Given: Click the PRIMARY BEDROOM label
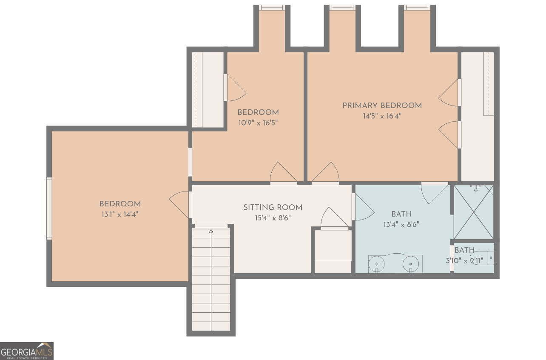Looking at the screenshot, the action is (x=382, y=106).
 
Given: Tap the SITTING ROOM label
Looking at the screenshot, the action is (x=273, y=208).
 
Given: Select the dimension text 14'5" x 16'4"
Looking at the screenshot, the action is (x=382, y=116).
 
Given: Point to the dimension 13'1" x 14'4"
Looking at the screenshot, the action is (x=120, y=214).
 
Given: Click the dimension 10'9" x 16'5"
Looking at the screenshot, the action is (x=258, y=123).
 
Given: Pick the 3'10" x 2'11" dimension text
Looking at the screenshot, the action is (x=464, y=261).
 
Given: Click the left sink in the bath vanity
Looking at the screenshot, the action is (x=377, y=264).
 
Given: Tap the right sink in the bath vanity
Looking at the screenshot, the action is (x=411, y=264).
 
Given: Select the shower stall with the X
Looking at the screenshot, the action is (x=474, y=212).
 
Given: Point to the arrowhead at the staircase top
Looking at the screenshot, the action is (x=211, y=231).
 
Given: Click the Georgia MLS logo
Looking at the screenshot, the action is (x=26, y=351).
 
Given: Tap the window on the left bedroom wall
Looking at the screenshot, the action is (x=49, y=209).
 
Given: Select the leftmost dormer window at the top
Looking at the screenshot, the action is (x=272, y=8).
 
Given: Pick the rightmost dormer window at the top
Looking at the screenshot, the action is (x=417, y=8).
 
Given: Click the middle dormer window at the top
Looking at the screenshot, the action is (x=342, y=8).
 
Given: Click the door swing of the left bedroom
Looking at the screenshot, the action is (x=179, y=204).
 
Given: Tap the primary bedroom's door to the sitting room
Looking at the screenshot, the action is (x=325, y=173).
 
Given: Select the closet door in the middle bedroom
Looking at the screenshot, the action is (x=235, y=88).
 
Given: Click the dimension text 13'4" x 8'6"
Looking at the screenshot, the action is (x=401, y=225).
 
